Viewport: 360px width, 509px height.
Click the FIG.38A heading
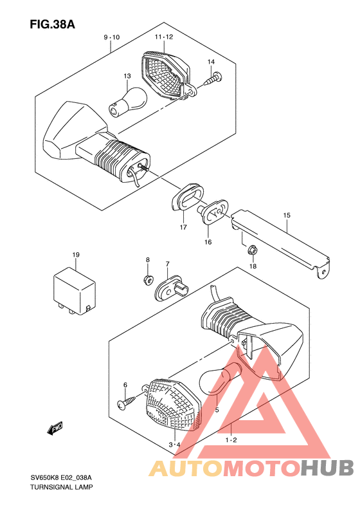pyautogui.click(x=53, y=24)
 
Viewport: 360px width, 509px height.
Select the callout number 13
pyautogui.click(x=127, y=76)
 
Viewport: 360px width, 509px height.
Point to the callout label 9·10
pyautogui.click(x=112, y=37)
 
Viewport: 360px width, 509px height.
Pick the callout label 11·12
pyautogui.click(x=164, y=37)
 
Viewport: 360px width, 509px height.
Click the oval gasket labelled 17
pyautogui.click(x=187, y=197)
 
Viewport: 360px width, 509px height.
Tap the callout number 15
pyautogui.click(x=286, y=215)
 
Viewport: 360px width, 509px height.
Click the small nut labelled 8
pyautogui.click(x=148, y=279)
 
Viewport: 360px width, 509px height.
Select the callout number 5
pyautogui.click(x=217, y=410)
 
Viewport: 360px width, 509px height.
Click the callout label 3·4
pyautogui.click(x=174, y=445)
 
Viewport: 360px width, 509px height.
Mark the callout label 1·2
pyautogui.click(x=231, y=440)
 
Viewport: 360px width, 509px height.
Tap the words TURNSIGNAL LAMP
pyautogui.click(x=61, y=487)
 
